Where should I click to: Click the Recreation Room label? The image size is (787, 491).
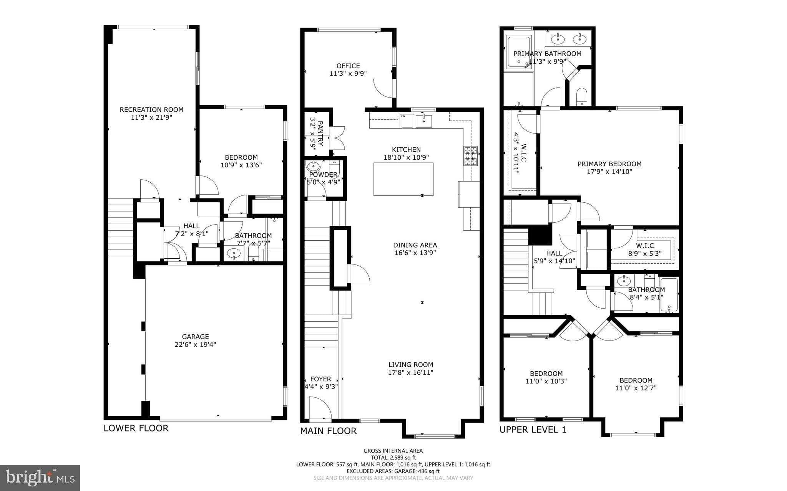151,109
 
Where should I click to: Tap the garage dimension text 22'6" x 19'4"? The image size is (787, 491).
195,344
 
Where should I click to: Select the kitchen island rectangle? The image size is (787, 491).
403,179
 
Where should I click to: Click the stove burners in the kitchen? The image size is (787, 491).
471,156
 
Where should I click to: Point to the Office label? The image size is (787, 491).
348,66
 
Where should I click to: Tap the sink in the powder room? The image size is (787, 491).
314,166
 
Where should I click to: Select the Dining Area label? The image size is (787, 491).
415,245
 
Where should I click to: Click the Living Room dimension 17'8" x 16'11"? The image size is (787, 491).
411,372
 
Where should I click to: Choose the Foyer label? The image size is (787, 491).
321,379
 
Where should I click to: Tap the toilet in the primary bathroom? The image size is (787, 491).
582,96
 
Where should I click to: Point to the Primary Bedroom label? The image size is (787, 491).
609,164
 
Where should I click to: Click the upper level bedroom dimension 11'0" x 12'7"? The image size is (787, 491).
636,388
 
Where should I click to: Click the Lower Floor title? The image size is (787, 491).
136,428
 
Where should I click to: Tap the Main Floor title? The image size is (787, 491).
329,431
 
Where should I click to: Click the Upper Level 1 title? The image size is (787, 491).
533,430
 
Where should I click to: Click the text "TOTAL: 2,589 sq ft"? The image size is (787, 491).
393,458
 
